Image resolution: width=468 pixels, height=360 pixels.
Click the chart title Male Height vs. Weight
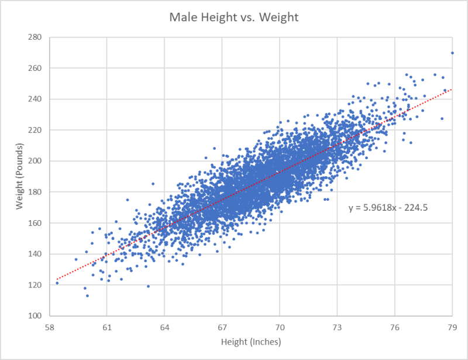tap(234, 18)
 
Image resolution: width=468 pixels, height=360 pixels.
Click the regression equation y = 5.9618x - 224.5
tap(385, 207)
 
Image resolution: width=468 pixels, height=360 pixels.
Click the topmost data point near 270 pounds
tap(452, 53)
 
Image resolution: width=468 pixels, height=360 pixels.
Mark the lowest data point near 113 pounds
tap(87, 296)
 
